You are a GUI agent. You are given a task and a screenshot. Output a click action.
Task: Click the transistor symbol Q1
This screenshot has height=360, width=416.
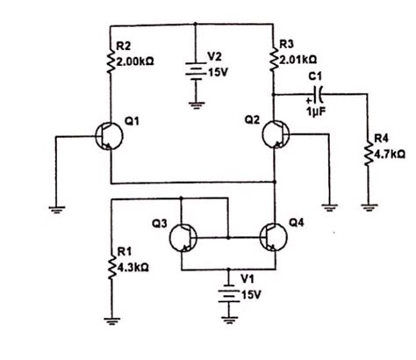coord(109,136)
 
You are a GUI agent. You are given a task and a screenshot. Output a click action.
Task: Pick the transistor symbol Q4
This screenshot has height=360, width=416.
coord(274,237)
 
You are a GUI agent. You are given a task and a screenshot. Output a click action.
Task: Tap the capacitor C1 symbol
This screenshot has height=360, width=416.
coord(318,90)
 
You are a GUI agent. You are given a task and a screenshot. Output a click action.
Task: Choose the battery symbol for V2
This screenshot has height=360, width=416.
coord(195,69)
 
